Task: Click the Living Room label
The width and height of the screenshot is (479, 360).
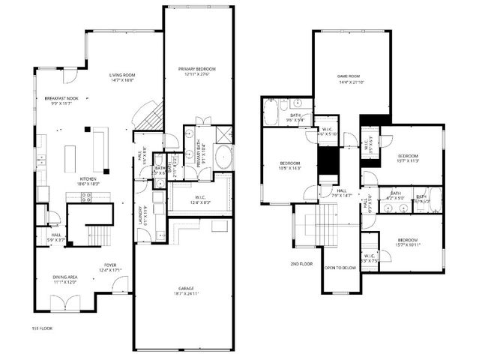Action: [122, 75]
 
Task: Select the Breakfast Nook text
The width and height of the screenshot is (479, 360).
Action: [62, 98]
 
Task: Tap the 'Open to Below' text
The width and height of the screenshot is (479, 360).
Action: [340, 268]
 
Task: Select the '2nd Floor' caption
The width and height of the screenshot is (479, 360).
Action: [301, 263]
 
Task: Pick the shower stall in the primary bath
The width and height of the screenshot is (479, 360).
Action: [223, 133]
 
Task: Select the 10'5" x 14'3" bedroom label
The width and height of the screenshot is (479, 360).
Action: [290, 166]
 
